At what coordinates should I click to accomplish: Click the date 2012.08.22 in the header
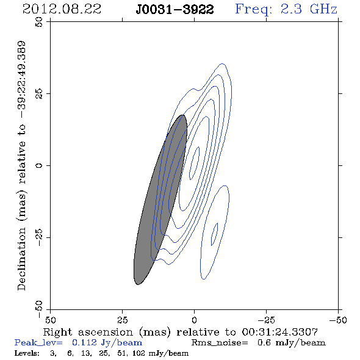(62, 9)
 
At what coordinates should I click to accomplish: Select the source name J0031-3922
(175, 10)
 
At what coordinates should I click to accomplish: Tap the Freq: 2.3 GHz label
(286, 9)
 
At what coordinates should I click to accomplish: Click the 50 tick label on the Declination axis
(39, 22)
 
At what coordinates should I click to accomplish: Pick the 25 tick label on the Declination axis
(39, 94)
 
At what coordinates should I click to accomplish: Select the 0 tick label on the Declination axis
(39, 165)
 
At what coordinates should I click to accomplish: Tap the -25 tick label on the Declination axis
(39, 237)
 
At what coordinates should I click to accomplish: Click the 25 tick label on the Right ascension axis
(122, 320)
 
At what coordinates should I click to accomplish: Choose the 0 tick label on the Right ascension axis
(194, 320)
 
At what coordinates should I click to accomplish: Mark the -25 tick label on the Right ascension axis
(266, 320)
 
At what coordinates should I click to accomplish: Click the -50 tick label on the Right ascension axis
(338, 320)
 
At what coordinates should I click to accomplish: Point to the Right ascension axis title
(181, 332)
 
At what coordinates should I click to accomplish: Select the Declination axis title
(21, 165)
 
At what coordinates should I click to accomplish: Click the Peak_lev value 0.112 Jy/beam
(107, 343)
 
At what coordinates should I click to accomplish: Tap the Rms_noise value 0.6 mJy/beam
(292, 343)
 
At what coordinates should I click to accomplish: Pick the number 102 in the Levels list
(139, 353)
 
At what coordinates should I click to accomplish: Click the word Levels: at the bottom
(27, 353)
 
